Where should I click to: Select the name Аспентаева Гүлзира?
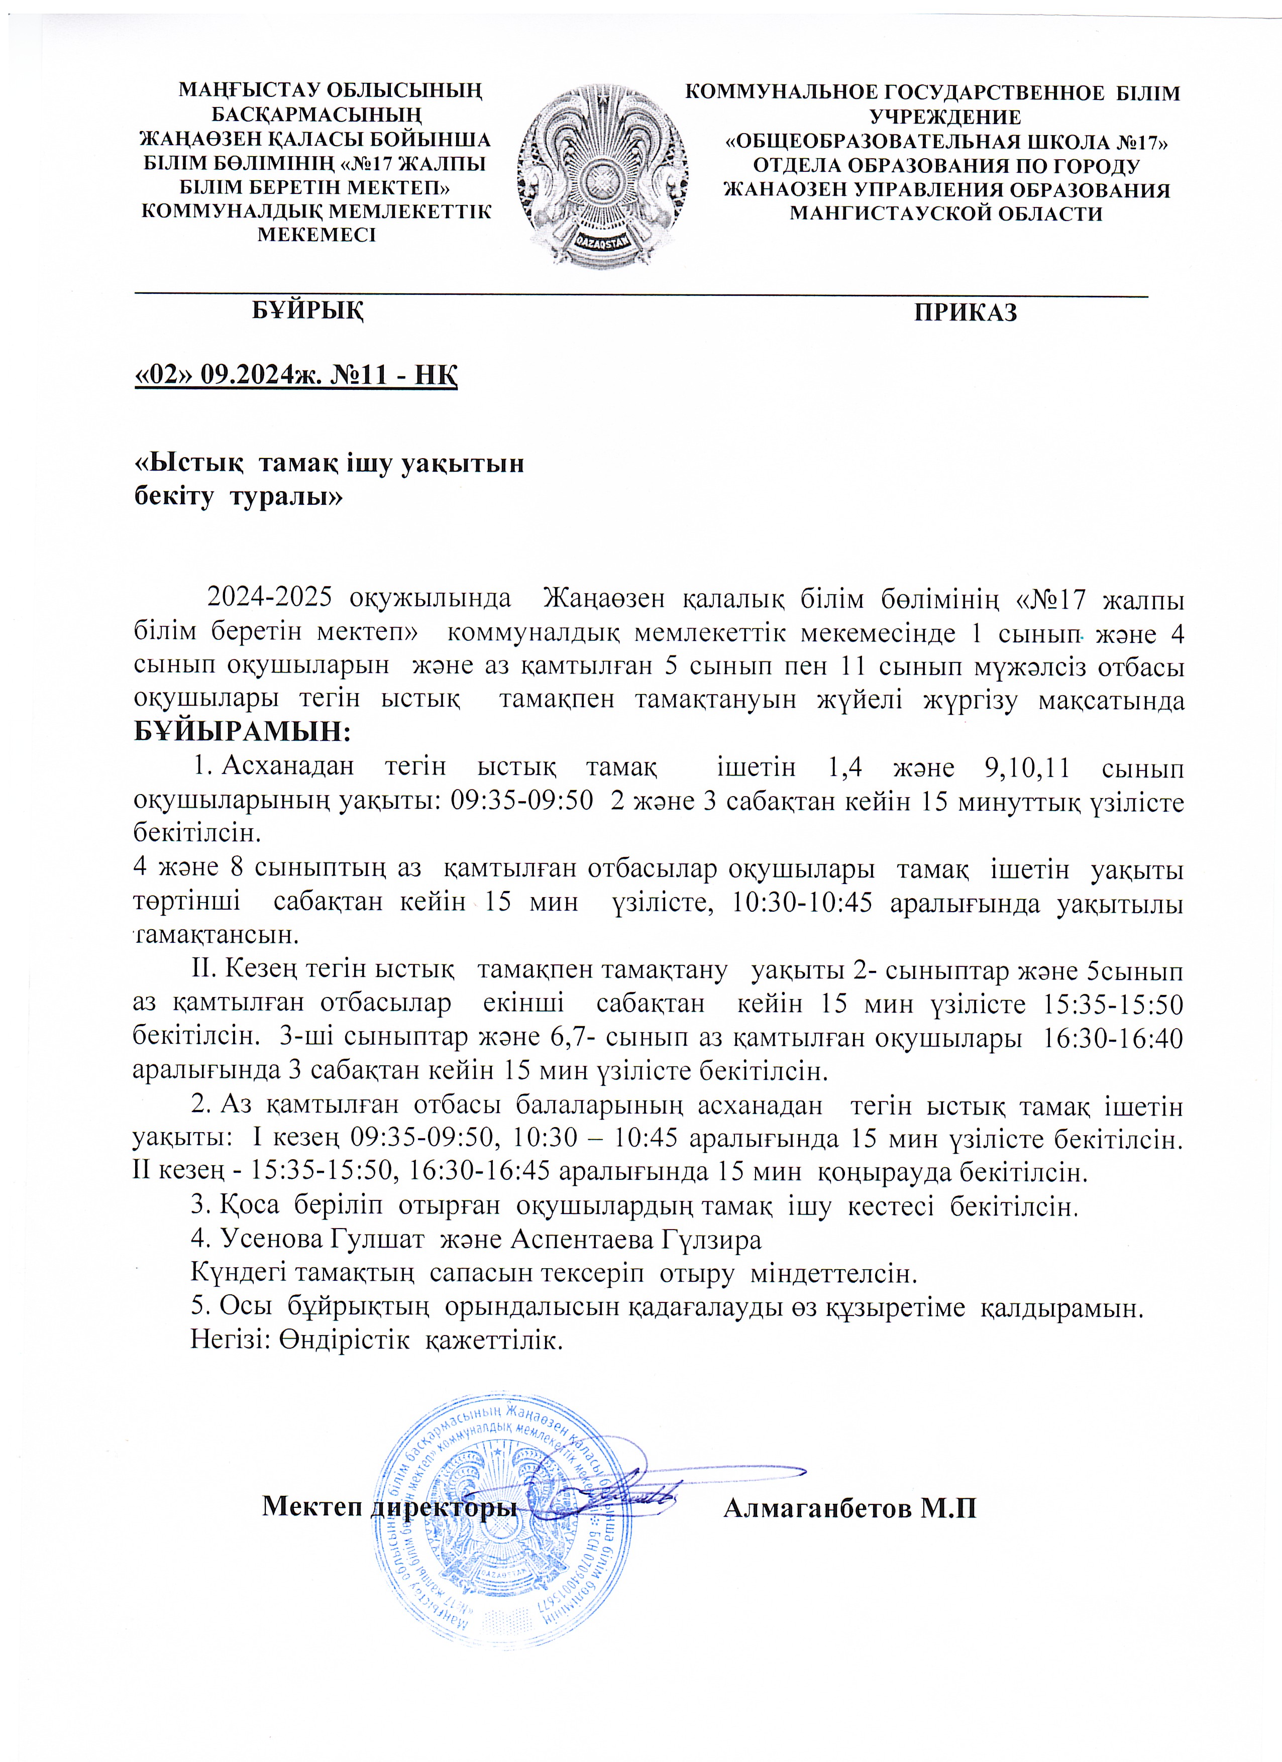(635, 1239)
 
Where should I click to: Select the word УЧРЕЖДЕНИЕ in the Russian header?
(945, 118)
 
